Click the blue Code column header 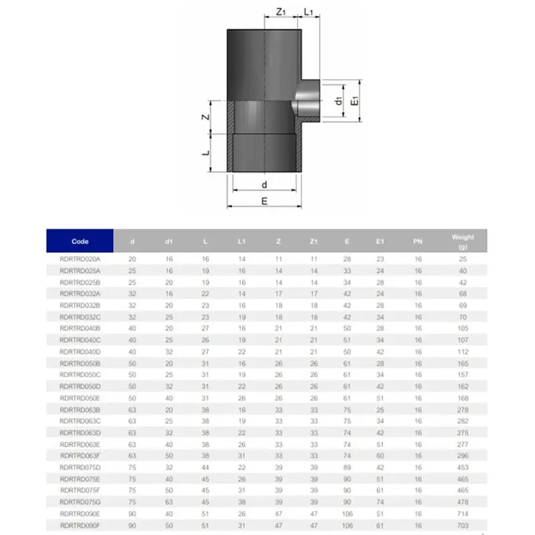[x=80, y=241]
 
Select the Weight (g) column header [x=463, y=241]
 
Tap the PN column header [x=418, y=241]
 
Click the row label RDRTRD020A [x=80, y=259]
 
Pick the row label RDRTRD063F [x=80, y=456]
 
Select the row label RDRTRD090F [x=80, y=526]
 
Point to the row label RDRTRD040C [x=80, y=340]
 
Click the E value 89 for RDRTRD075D [x=346, y=468]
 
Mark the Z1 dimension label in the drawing [x=281, y=12]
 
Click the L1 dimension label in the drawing [x=309, y=12]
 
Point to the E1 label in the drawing [x=356, y=101]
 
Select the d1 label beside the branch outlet [x=340, y=101]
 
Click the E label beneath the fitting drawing [x=264, y=200]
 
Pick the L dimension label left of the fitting [x=207, y=152]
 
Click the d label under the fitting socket [x=264, y=184]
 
